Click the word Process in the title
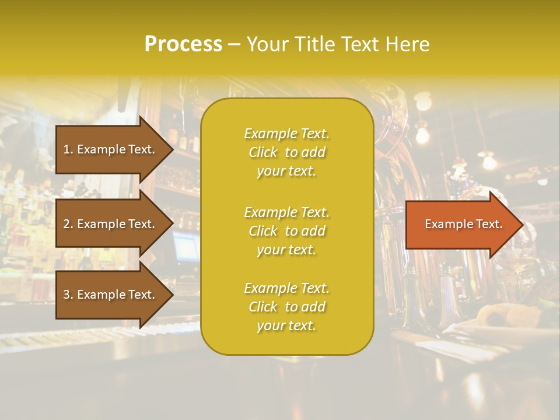tap(183, 44)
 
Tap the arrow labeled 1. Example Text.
tap(111, 149)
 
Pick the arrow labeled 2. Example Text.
tap(111, 224)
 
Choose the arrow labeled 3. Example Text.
tap(111, 295)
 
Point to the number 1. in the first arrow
tap(68, 149)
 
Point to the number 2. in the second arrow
tap(68, 224)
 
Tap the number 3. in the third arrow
tap(68, 295)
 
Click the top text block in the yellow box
tap(286, 152)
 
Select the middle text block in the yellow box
tap(286, 231)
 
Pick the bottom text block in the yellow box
tap(286, 307)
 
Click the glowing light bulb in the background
tap(422, 135)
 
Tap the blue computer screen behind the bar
tap(186, 246)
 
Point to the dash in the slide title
tap(234, 44)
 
